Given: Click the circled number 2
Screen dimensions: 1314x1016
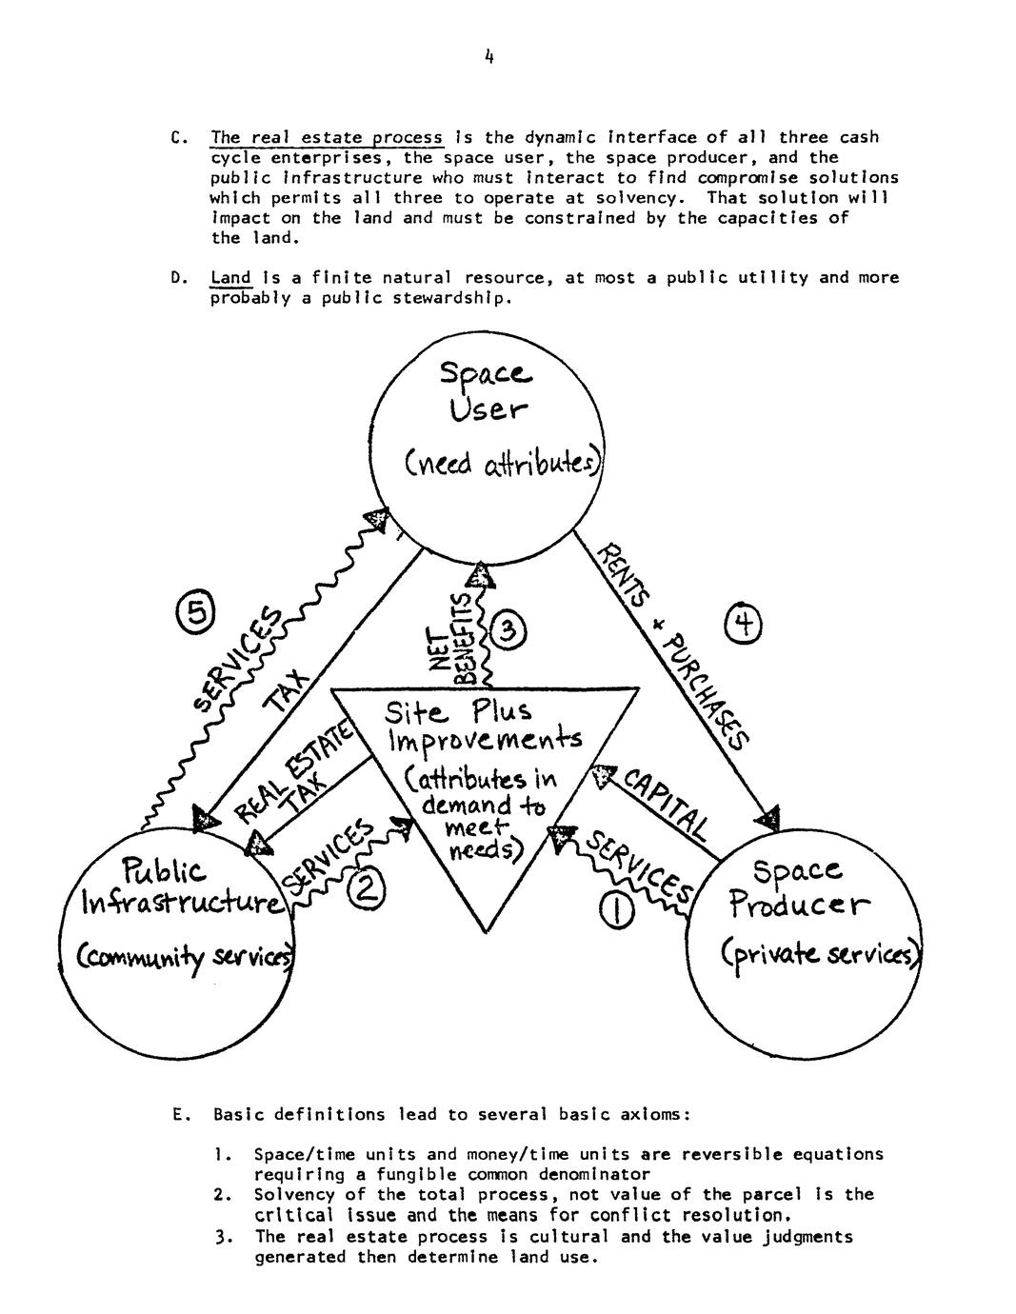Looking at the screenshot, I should click(x=366, y=890).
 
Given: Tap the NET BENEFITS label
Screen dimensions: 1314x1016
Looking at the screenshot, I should click(x=450, y=639).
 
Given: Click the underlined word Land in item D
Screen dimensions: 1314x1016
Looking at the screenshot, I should click(x=230, y=278).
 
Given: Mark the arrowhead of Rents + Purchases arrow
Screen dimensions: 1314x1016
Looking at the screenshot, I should click(x=770, y=818).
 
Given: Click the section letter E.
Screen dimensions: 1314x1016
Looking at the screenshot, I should click(x=181, y=1114).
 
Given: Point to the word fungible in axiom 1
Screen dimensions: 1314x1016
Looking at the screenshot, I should click(x=418, y=1174).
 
